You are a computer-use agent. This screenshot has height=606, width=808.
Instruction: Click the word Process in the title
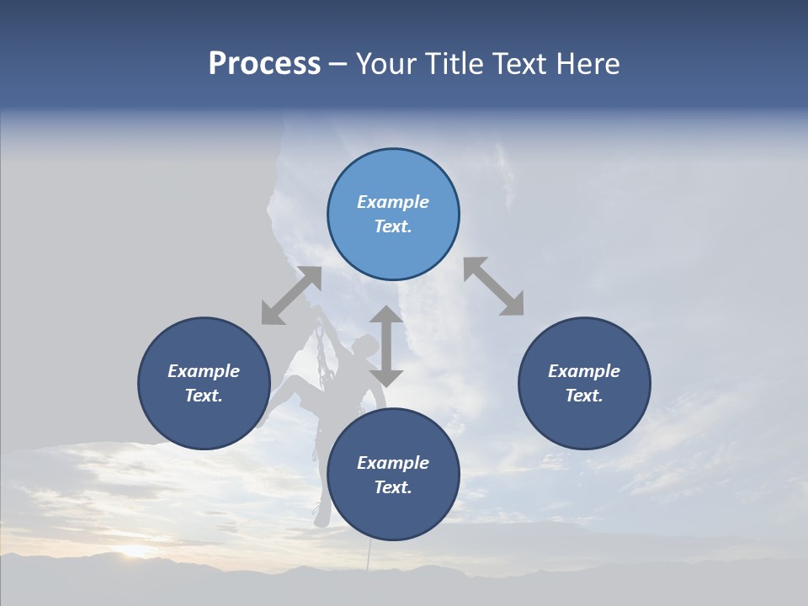click(x=264, y=64)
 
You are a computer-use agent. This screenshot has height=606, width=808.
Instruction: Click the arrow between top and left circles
click(x=291, y=295)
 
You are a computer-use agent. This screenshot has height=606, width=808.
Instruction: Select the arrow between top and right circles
click(x=493, y=286)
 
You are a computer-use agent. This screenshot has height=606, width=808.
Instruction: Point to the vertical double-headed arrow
click(x=386, y=346)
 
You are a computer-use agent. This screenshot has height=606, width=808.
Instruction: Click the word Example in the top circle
click(x=393, y=202)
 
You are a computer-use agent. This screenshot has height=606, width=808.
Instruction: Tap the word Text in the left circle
click(x=204, y=396)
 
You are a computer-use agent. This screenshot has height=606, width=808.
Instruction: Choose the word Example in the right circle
click(x=584, y=371)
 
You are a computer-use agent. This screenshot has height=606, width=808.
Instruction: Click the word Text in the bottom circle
click(x=393, y=487)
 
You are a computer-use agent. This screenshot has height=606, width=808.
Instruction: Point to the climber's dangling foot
click(x=321, y=515)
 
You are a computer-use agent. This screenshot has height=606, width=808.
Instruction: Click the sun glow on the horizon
click(x=135, y=551)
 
